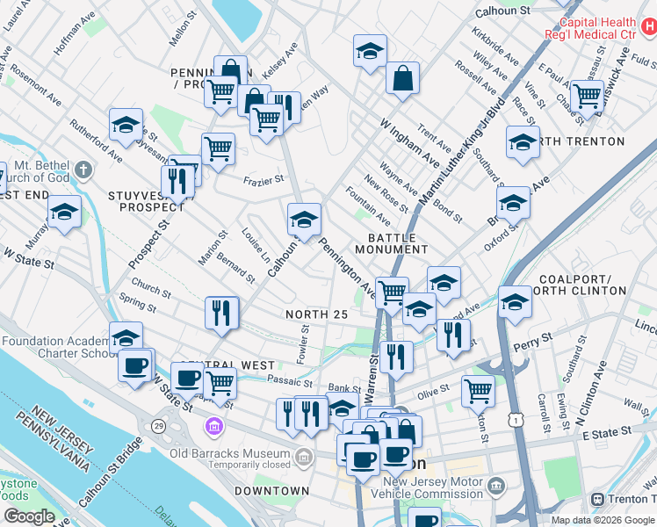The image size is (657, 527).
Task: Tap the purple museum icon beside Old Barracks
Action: click(x=212, y=428)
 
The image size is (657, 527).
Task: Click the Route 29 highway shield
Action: click(x=158, y=426)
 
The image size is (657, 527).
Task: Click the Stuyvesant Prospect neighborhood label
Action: click(x=145, y=200)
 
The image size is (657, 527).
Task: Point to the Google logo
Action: click(x=29, y=516)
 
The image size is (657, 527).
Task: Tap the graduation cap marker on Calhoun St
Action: click(x=304, y=219)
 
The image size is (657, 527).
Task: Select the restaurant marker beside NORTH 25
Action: click(x=221, y=313)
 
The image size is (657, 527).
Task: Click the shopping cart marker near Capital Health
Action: click(x=586, y=96)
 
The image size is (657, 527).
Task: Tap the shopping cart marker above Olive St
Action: click(x=478, y=390)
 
